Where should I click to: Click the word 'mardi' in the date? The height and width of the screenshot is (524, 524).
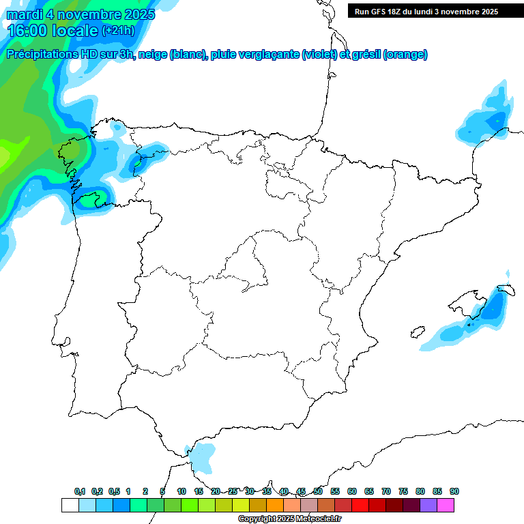pyautogui.click(x=25, y=14)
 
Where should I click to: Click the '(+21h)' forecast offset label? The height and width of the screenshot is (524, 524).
pyautogui.click(x=119, y=31)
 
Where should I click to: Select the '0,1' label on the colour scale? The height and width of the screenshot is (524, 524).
pyautogui.click(x=80, y=492)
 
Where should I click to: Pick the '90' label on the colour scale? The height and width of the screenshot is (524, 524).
pyautogui.click(x=454, y=492)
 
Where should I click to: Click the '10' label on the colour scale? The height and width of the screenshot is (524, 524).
pyautogui.click(x=181, y=492)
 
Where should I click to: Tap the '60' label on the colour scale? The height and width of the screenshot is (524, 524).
pyautogui.click(x=352, y=492)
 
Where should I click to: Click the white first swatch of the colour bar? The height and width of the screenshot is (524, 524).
pyautogui.click(x=70, y=505)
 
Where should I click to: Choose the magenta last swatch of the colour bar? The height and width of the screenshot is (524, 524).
pyautogui.click(x=446, y=505)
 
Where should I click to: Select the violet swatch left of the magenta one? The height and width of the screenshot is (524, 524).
pyautogui.click(x=428, y=505)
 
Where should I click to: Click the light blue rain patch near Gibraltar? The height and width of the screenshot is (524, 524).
pyautogui.click(x=201, y=456)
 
